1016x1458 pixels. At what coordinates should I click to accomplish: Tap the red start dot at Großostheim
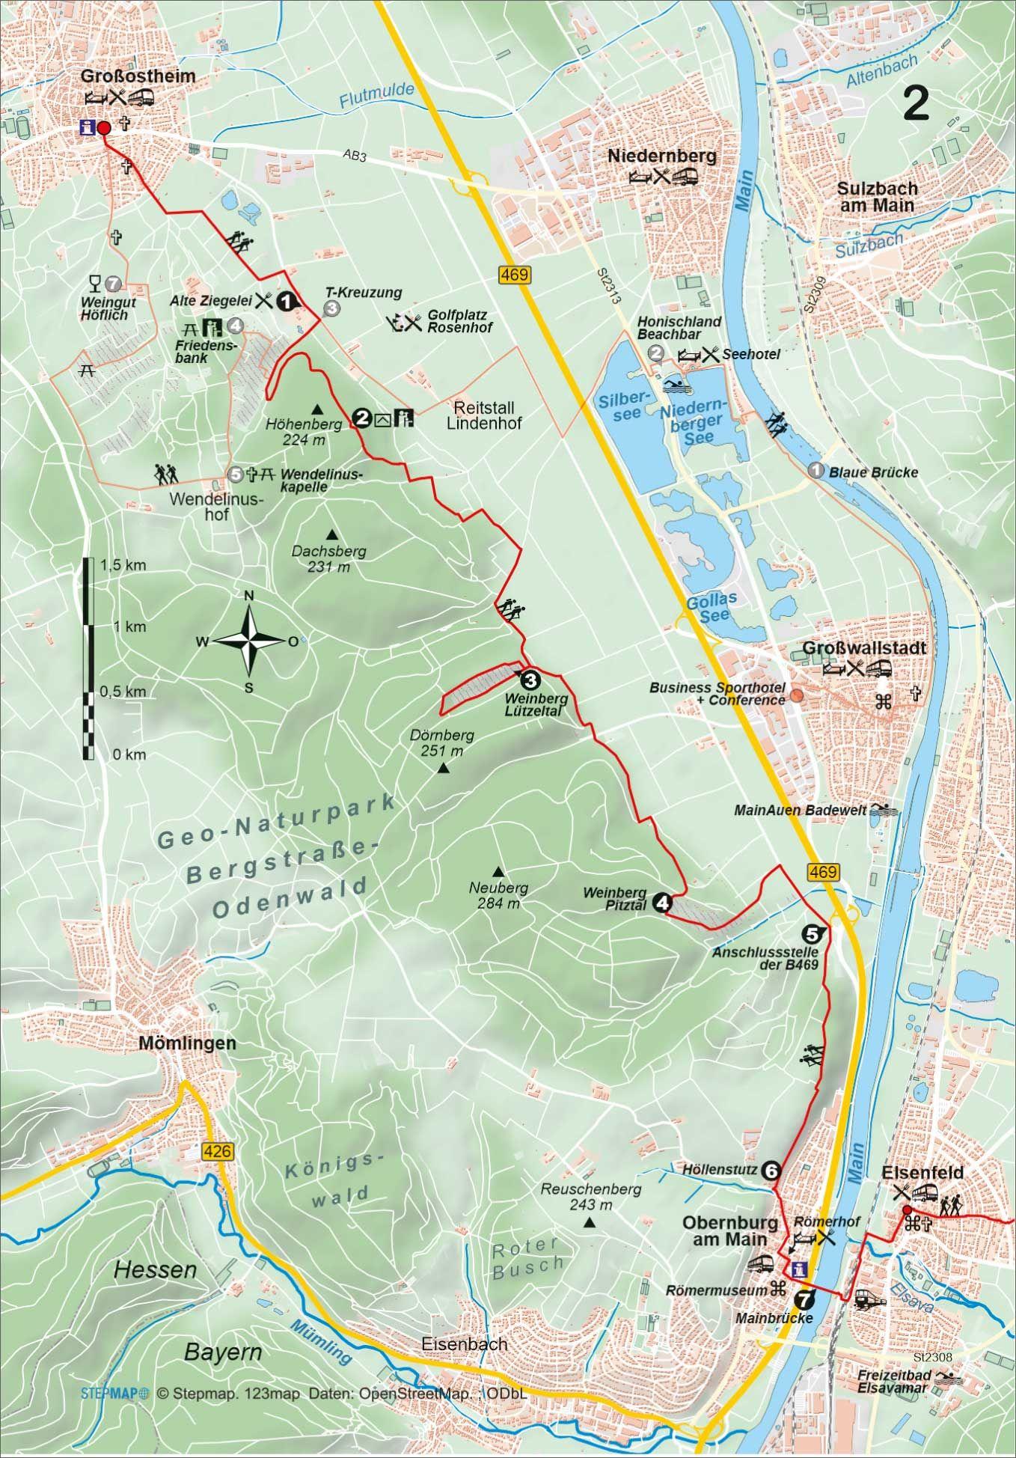pyautogui.click(x=104, y=128)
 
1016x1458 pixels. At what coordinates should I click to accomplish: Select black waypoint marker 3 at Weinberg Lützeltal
pyautogui.click(x=529, y=680)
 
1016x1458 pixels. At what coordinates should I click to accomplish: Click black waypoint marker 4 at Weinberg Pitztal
pyautogui.click(x=661, y=903)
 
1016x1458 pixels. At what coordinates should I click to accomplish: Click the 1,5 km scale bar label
pyautogui.click(x=124, y=565)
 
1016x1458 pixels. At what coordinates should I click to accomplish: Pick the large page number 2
pyautogui.click(x=916, y=103)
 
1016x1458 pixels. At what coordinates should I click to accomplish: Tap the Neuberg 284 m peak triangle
pyautogui.click(x=498, y=871)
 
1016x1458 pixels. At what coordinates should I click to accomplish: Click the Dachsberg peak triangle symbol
pyautogui.click(x=331, y=534)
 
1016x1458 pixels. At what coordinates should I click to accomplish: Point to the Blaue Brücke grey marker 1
pyautogui.click(x=816, y=470)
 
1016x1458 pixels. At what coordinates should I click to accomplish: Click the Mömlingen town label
pyautogui.click(x=188, y=1043)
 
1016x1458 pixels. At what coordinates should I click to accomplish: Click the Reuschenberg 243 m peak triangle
pyautogui.click(x=590, y=1223)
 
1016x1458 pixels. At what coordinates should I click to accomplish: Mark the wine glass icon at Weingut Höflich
pyautogui.click(x=94, y=282)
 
